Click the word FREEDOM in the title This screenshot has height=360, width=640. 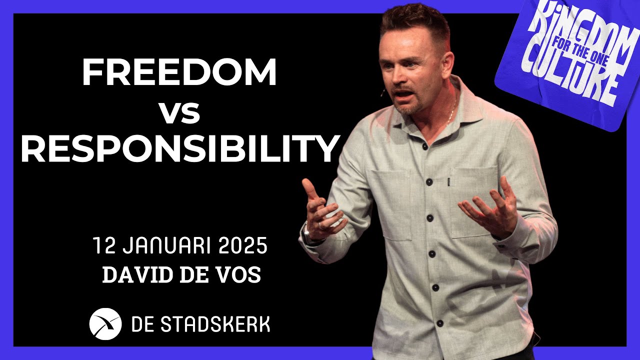pos(179,72)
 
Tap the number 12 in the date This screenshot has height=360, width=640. pos(102,246)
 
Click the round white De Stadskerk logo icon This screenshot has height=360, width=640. pos(105,324)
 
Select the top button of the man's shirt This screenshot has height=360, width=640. pos(424,146)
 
